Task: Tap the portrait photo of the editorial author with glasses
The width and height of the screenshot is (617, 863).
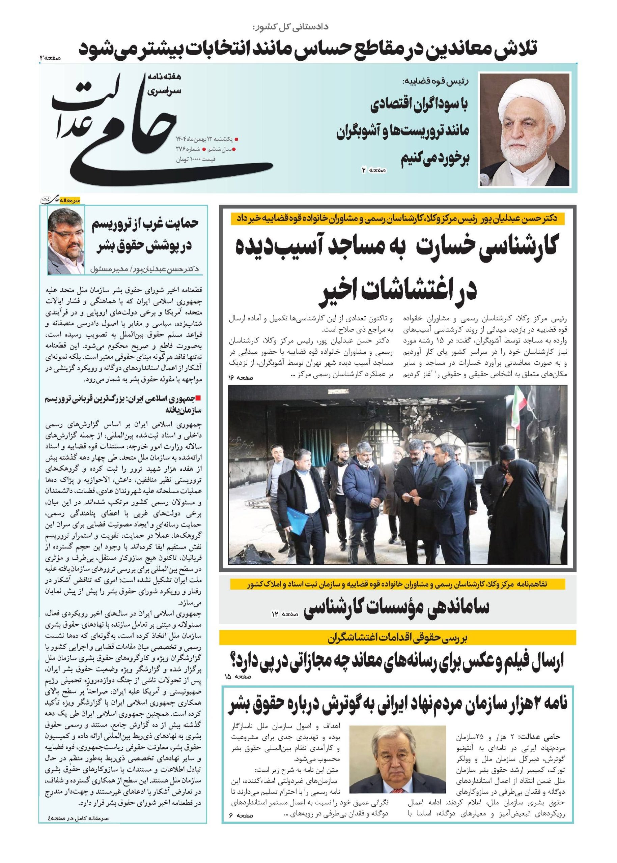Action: tap(66, 241)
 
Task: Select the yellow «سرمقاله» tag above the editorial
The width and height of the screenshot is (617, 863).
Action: tap(73, 201)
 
